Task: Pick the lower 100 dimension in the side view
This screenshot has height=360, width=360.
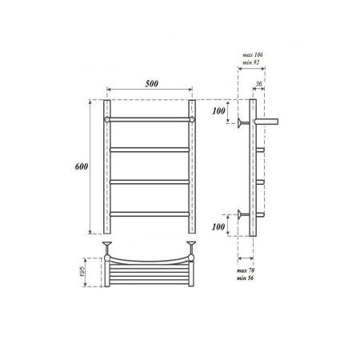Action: coord(218,228)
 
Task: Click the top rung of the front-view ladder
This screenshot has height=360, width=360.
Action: coord(150,120)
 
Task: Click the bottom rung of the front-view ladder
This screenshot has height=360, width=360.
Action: coord(150,214)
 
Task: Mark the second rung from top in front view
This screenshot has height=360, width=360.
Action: coord(150,150)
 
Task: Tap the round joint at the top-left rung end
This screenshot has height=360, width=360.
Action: coord(106,120)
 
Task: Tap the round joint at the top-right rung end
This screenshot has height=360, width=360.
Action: coord(193,120)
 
